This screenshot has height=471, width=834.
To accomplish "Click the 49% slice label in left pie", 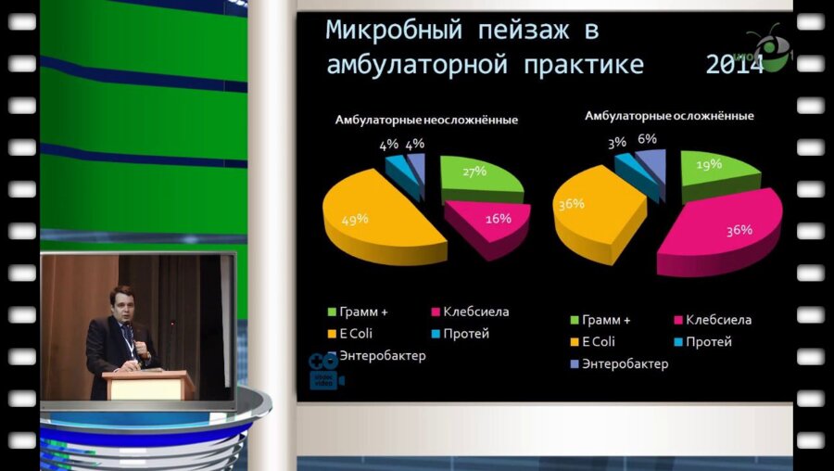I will (x=356, y=219).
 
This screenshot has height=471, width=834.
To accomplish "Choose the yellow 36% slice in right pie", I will (x=593, y=213).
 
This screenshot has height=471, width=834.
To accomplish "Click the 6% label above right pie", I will (x=647, y=139).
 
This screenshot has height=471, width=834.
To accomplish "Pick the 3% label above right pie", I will (x=617, y=143).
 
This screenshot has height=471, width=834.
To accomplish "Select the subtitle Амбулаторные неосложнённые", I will (x=426, y=120).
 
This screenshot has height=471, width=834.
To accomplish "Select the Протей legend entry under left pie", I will (x=464, y=334).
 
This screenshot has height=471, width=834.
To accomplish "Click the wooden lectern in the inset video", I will (x=148, y=384).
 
